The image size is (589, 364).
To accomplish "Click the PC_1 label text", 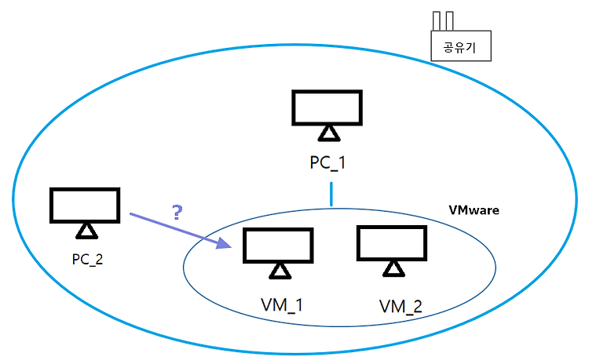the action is point(327,163).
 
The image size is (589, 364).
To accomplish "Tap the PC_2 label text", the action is point(87,260).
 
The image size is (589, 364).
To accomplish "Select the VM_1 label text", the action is point(282,305).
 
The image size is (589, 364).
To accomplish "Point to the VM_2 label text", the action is point(401,307).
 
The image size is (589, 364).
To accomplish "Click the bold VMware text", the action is point(474,210).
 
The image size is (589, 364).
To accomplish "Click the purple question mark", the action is point(177,213).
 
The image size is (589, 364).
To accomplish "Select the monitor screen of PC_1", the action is point(327,107).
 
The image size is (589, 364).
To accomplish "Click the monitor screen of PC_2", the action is point(85,206).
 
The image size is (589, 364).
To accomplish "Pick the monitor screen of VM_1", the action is point(278,246).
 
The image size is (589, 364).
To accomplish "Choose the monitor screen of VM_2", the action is point(392,242).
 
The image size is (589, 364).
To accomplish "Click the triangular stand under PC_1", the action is point(329,134).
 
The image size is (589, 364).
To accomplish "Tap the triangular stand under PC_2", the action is point(86,231).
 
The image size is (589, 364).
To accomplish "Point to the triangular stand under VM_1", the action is point(280,271).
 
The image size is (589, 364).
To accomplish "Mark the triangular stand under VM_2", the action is point(393,269).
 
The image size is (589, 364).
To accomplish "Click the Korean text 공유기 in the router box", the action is point(459,47).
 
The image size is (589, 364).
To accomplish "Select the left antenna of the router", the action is point(436,21).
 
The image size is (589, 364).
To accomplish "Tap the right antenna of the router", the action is point(449,21).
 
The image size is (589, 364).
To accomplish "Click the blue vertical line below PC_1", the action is point(331,195).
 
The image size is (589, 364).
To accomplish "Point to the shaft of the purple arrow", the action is point(174,227).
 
